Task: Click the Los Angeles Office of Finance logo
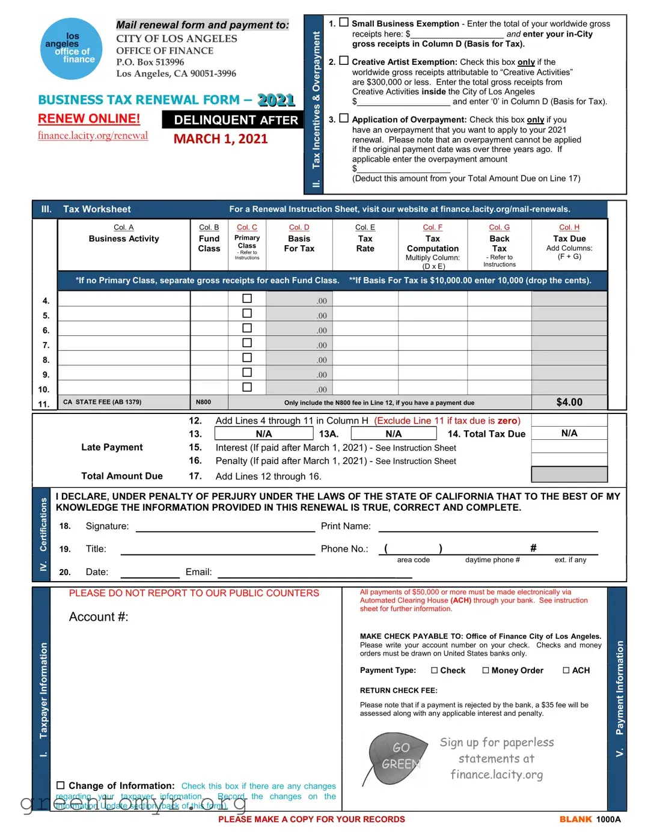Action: coord(71,49)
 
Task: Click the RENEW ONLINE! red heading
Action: coord(89,119)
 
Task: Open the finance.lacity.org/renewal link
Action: coord(93,136)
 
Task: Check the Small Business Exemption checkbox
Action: coord(344,22)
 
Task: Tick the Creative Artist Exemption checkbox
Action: coord(344,61)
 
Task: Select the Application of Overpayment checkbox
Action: coord(344,118)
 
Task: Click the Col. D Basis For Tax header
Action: coord(299,239)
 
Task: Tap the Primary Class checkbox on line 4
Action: coord(246,299)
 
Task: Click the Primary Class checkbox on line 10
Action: coord(246,388)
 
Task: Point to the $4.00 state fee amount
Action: coord(569,402)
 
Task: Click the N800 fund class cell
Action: coord(203,402)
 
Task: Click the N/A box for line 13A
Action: coord(393,434)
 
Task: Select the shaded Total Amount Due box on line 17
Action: coord(569,475)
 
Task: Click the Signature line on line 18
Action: coord(225,527)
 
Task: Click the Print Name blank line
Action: coord(488,527)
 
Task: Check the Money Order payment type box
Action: coord(486,671)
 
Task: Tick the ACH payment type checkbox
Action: coord(566,671)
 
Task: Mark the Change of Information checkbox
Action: coord(61,785)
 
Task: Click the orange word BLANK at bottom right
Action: coord(575,819)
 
